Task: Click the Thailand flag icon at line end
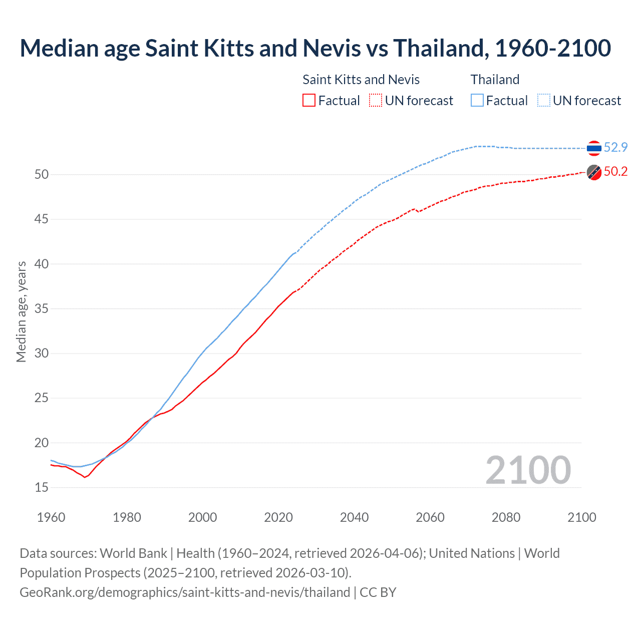tap(594, 148)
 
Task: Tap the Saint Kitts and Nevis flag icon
tap(594, 172)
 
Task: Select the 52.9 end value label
tap(615, 147)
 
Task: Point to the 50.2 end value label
tap(615, 172)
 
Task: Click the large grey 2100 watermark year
tap(528, 470)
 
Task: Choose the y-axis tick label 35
tap(42, 309)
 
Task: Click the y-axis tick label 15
tap(42, 487)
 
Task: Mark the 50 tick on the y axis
tap(42, 175)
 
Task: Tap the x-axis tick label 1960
tap(51, 517)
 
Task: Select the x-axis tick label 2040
tap(354, 517)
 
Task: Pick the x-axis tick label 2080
tap(506, 517)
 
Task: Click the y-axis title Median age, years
tap(21, 311)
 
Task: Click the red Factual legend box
tap(309, 101)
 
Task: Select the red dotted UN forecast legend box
tap(376, 101)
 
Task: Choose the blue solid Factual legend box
tap(477, 101)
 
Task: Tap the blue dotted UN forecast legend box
tap(544, 101)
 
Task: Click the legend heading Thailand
tap(495, 80)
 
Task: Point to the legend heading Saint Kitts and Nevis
tap(361, 80)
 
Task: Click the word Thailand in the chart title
tap(439, 48)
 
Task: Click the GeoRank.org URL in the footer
tap(185, 592)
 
